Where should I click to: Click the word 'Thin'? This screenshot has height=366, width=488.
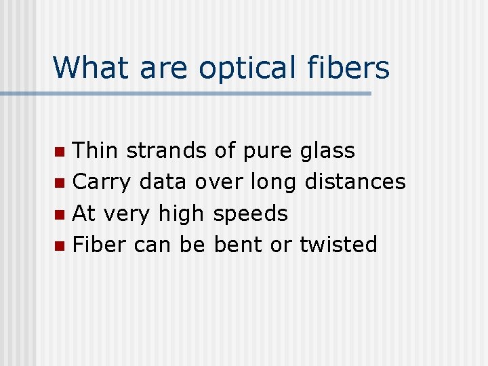(96, 150)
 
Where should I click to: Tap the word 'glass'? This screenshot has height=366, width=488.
(327, 151)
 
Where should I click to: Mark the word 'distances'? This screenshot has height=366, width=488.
(355, 182)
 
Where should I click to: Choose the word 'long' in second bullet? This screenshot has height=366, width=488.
(274, 183)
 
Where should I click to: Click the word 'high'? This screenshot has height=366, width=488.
(181, 214)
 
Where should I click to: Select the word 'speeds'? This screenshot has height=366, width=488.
(250, 215)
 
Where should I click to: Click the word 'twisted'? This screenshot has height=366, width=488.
(338, 245)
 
